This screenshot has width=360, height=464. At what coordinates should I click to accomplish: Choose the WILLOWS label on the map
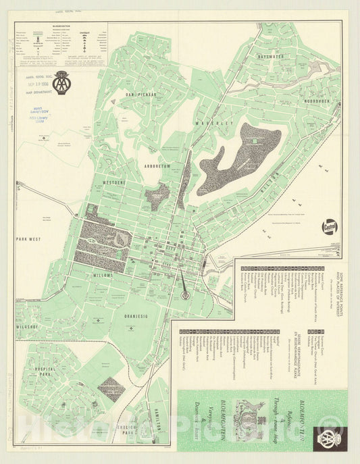point(105,276)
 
